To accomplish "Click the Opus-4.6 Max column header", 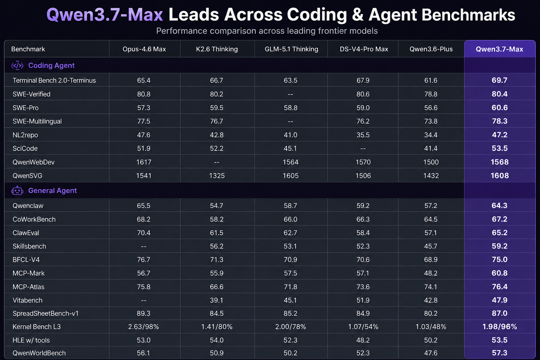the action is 144,49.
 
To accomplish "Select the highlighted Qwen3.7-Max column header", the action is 500,49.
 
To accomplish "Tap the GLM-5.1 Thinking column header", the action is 291,49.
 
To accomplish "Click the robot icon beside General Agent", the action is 17,191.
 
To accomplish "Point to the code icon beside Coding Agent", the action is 17,65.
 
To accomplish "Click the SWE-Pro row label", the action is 26,108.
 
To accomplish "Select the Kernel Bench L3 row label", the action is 37,327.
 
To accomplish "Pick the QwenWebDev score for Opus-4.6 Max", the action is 144,162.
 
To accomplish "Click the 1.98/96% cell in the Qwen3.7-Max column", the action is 500,327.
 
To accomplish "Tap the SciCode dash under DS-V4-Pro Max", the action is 363,148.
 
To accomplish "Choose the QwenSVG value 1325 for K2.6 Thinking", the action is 217,175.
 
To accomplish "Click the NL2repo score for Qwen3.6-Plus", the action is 431,135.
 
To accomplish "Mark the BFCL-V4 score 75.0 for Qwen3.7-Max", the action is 500,259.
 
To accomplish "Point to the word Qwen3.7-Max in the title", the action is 105,15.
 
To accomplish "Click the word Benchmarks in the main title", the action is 468,15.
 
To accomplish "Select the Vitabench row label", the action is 27,300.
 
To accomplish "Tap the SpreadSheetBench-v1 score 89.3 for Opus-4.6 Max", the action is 144,313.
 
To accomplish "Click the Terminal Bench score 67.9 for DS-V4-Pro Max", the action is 363,80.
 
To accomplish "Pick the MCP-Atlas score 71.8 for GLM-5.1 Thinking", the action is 290,287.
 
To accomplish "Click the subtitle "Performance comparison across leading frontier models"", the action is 267,31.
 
